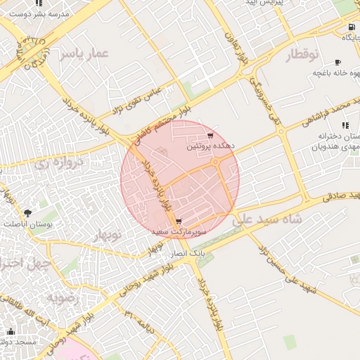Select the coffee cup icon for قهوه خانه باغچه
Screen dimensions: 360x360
click(337, 62)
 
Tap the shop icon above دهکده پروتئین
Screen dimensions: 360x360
click(210, 136)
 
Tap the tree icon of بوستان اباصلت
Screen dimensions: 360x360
click(27, 212)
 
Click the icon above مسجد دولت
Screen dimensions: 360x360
click(10, 331)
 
